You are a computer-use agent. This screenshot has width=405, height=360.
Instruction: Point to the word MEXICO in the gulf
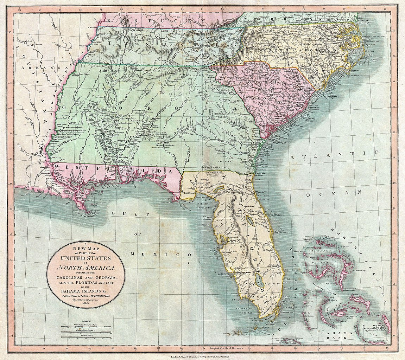(x=162, y=254)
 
